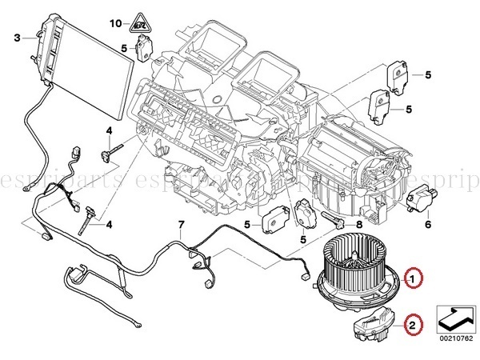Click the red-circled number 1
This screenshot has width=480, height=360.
pyautogui.click(x=413, y=281)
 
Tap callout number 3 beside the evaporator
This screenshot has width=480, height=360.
pyautogui.click(x=17, y=38)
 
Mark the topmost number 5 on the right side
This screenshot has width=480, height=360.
pyautogui.click(x=428, y=75)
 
